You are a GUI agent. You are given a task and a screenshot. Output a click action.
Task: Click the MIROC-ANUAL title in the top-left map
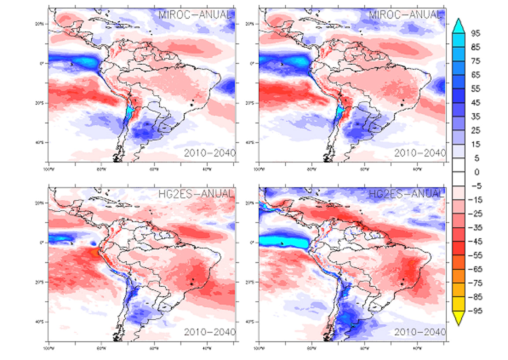point(195,15)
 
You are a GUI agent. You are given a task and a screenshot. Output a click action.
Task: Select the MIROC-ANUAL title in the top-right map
point(405,15)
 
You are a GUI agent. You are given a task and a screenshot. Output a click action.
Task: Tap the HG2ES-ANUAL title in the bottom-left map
point(195,193)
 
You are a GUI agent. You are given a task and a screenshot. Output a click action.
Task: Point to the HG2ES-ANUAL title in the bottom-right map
point(405,193)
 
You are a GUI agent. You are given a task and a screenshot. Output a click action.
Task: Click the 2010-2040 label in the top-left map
point(209,153)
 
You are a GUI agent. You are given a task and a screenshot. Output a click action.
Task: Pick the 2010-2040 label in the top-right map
point(420,153)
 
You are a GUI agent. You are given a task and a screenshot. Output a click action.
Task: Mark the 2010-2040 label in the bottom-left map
point(209,332)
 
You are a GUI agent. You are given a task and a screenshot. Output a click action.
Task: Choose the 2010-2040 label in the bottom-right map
point(420,332)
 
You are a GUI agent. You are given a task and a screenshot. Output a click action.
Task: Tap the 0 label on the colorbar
point(477,172)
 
